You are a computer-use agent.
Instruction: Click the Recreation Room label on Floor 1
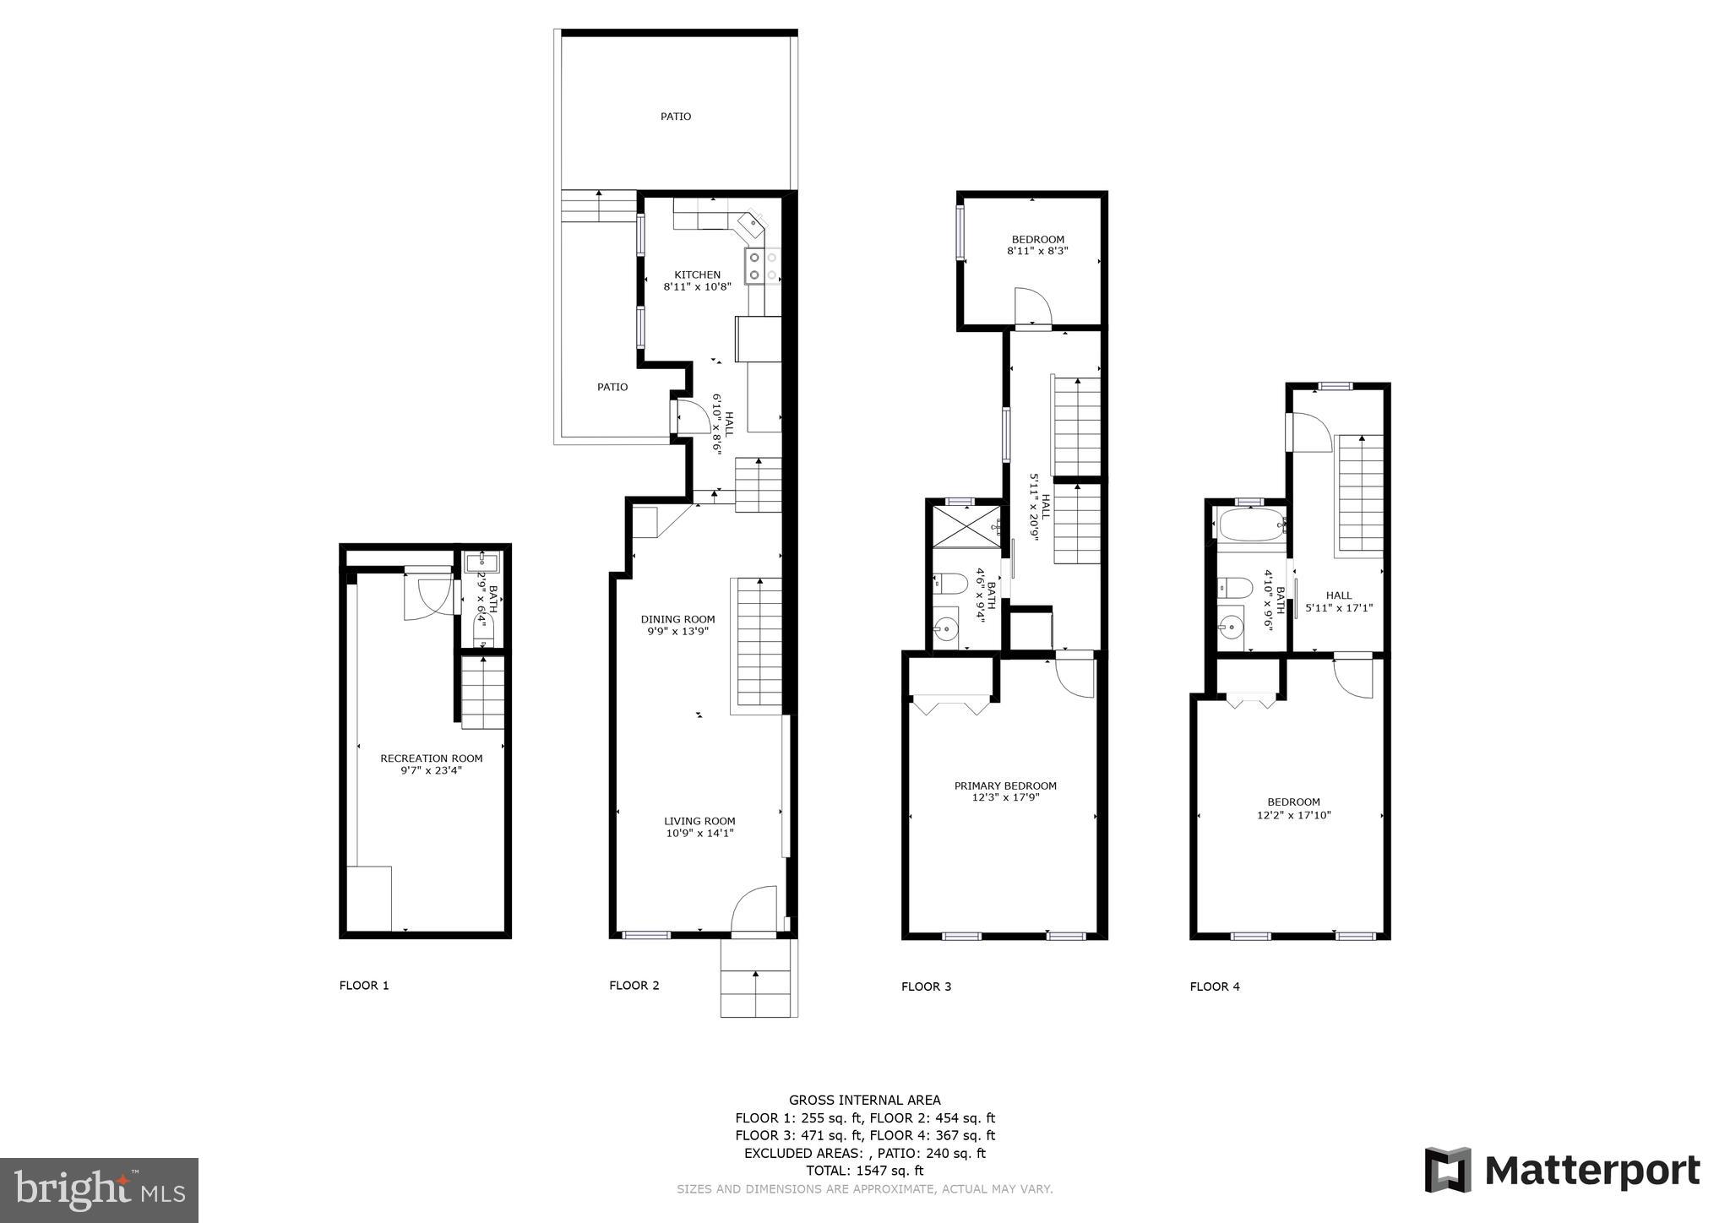(x=431, y=758)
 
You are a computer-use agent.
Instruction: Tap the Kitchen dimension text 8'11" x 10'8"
(x=697, y=287)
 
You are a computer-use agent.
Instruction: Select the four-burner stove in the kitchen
(x=762, y=266)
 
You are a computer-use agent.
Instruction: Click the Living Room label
(x=699, y=820)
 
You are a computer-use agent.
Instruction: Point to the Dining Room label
(x=677, y=619)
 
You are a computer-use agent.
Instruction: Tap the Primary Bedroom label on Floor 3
(x=1005, y=785)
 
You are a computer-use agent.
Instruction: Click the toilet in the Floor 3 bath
(x=951, y=583)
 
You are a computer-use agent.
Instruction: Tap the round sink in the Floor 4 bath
(x=1232, y=628)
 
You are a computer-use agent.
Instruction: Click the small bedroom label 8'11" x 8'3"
(x=1037, y=251)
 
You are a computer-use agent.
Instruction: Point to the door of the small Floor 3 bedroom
(x=1031, y=306)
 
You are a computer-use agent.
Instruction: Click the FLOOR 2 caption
(x=634, y=985)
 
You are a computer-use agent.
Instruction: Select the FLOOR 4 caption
(x=1214, y=986)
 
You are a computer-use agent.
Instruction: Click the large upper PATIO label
(x=676, y=117)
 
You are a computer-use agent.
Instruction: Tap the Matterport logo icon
(x=1448, y=1170)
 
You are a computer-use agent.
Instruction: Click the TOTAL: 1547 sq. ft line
(x=864, y=1171)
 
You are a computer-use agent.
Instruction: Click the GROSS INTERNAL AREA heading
(x=864, y=1100)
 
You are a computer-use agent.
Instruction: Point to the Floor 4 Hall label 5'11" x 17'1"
(x=1339, y=601)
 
